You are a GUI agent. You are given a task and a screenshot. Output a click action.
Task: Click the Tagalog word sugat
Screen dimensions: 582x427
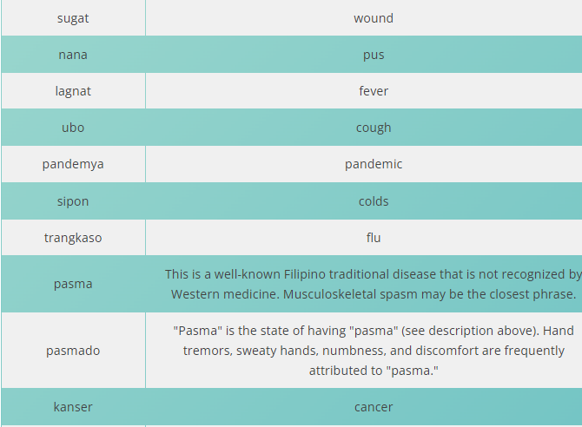coord(73,18)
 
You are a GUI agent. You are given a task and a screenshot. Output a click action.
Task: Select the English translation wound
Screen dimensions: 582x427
coord(374,18)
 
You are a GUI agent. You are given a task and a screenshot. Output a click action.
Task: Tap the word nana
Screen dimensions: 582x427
coord(73,55)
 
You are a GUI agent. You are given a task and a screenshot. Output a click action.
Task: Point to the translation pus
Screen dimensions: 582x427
coord(374,56)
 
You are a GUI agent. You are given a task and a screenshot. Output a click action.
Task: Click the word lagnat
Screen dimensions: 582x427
coord(73,91)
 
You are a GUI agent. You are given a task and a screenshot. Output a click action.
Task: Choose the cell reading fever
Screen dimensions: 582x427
coord(374,91)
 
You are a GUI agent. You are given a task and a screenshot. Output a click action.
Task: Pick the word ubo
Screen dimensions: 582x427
coord(73,128)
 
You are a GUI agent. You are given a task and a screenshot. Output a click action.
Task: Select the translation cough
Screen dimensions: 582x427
coord(374,128)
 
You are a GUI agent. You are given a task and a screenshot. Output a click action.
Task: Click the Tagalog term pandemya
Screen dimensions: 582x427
coord(73,164)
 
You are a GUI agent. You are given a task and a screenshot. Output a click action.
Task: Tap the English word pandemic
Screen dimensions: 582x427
coord(374,164)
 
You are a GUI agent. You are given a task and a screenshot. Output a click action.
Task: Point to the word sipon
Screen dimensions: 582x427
coord(73,202)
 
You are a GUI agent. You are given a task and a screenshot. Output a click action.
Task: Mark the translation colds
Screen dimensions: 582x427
coord(374,201)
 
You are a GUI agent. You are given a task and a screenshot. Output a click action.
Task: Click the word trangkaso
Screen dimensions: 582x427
coord(73,238)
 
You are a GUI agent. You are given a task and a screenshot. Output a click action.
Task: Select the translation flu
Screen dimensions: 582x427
coord(374,238)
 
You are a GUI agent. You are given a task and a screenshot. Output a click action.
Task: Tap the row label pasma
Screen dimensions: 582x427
coord(73,284)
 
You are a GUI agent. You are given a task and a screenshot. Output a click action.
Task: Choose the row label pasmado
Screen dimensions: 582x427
coord(73,351)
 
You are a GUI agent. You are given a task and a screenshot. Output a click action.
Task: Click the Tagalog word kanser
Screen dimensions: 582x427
coord(73,407)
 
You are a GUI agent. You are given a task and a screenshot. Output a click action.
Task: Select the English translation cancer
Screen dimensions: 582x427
coord(374,407)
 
